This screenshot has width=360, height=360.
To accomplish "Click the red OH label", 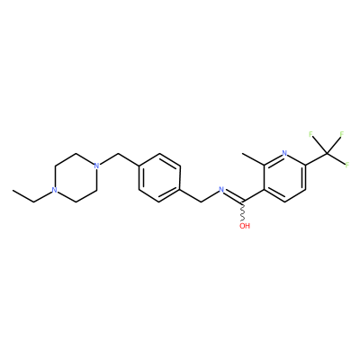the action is point(245,226).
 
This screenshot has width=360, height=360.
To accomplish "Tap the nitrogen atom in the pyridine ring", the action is point(284,153).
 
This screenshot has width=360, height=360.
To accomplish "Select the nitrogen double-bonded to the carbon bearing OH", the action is point(221,189).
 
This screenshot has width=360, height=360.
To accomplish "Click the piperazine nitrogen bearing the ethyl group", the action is point(54,190).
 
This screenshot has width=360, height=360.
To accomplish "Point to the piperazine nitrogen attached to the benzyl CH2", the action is point(96,166).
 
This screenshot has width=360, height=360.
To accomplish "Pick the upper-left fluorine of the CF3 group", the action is point(310,134).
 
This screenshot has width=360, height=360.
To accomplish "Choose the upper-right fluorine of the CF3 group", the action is point(341,134).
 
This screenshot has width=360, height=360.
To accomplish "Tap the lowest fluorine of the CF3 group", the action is point(347,165).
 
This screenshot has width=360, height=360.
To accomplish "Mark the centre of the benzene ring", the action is point(159,177).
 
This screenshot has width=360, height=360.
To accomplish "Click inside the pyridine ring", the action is point(284,177).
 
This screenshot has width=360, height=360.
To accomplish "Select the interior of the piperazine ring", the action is point(75,177).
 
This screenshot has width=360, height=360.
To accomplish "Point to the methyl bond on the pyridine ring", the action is point(253,159).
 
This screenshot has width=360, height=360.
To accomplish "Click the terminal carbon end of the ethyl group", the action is point(13,190).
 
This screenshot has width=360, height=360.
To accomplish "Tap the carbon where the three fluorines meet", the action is point(327,153).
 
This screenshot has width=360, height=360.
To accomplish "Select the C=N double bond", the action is point(234,195).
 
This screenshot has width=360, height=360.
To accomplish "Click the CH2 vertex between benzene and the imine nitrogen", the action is point(201,202).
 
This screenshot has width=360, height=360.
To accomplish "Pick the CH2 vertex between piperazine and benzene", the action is point(117,153).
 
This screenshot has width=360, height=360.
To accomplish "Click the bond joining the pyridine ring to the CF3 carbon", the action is point(316,159).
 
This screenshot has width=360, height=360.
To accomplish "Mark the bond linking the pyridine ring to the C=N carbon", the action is point(254,195).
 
